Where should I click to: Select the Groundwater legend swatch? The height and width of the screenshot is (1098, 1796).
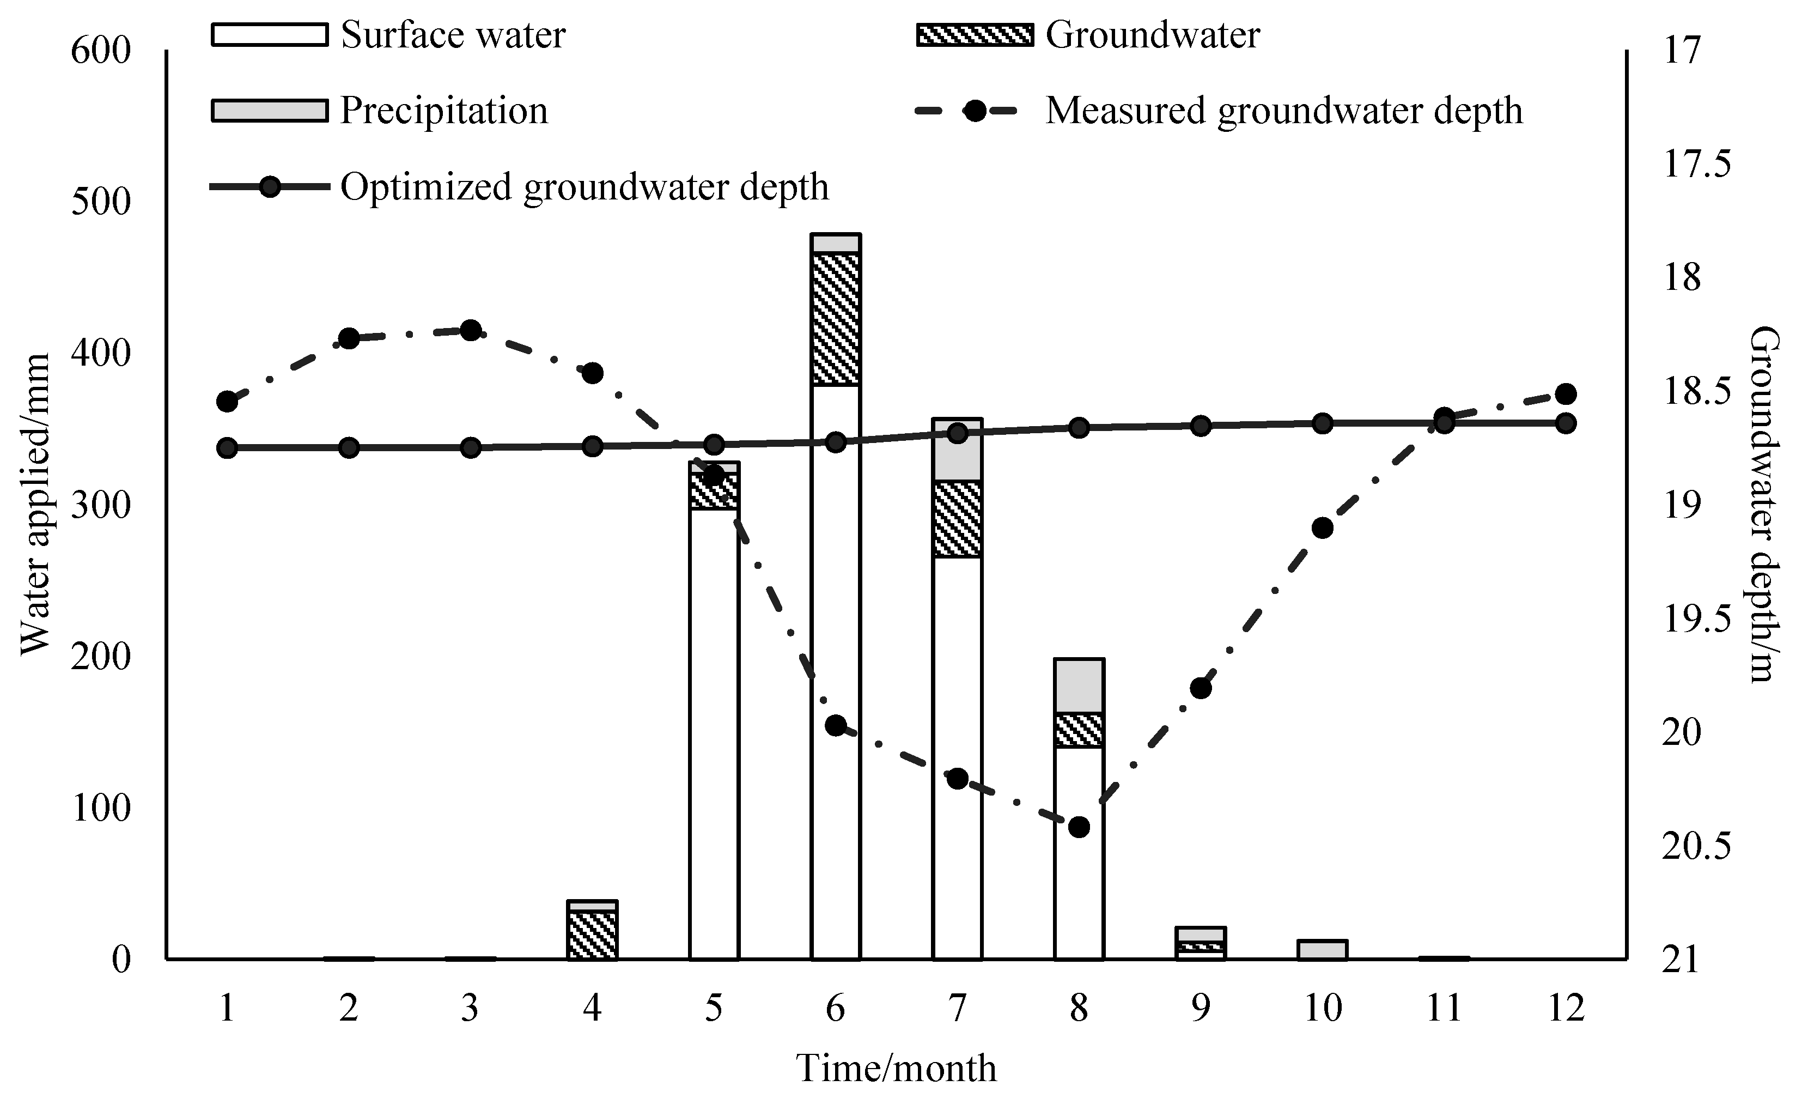click(975, 35)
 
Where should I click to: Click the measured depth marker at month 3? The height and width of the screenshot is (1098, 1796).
click(471, 330)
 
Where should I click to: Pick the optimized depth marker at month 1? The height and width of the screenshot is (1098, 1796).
click(227, 448)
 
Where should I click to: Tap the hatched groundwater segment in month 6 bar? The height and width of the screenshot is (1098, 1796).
click(836, 319)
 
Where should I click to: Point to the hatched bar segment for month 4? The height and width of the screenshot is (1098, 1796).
click(593, 935)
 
